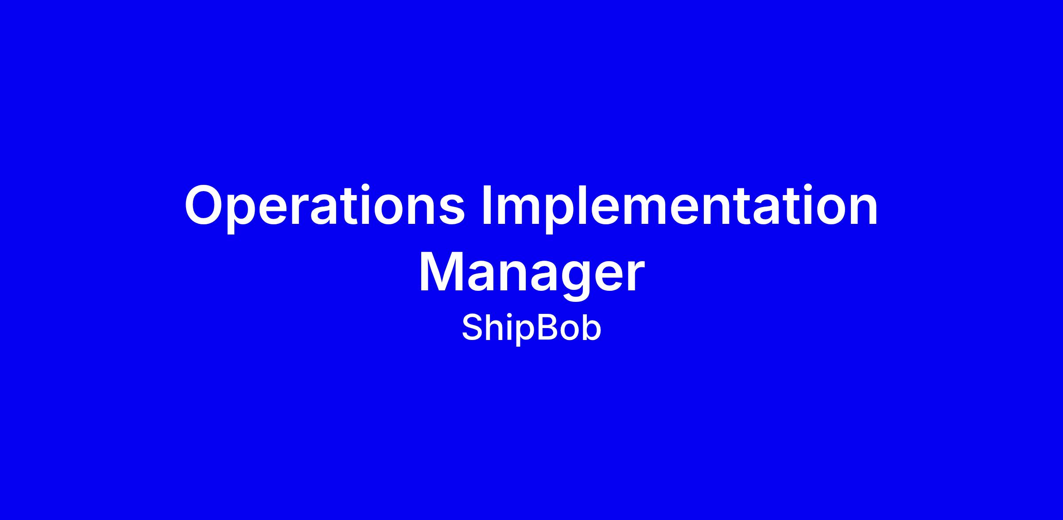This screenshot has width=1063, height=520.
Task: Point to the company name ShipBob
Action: [531, 328]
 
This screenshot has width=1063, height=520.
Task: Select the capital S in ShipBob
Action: [472, 328]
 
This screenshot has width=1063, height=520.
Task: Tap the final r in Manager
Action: [633, 277]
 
